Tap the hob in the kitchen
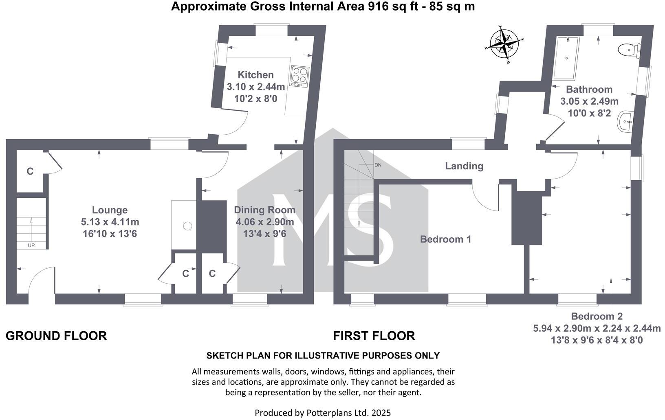pos(299,76)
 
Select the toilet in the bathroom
pos(629,50)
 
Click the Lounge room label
pos(110,210)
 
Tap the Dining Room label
pos(264,210)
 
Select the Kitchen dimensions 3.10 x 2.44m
pos(255,87)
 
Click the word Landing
pos(464,166)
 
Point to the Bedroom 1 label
pos(445,239)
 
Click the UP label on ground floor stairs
pos(31,245)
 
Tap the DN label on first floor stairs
pos(378,165)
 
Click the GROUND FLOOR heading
pos(56,336)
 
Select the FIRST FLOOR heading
pos(374,336)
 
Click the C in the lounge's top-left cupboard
pos(30,171)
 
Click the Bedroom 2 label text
pos(597,316)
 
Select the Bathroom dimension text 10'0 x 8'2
pos(589,113)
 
